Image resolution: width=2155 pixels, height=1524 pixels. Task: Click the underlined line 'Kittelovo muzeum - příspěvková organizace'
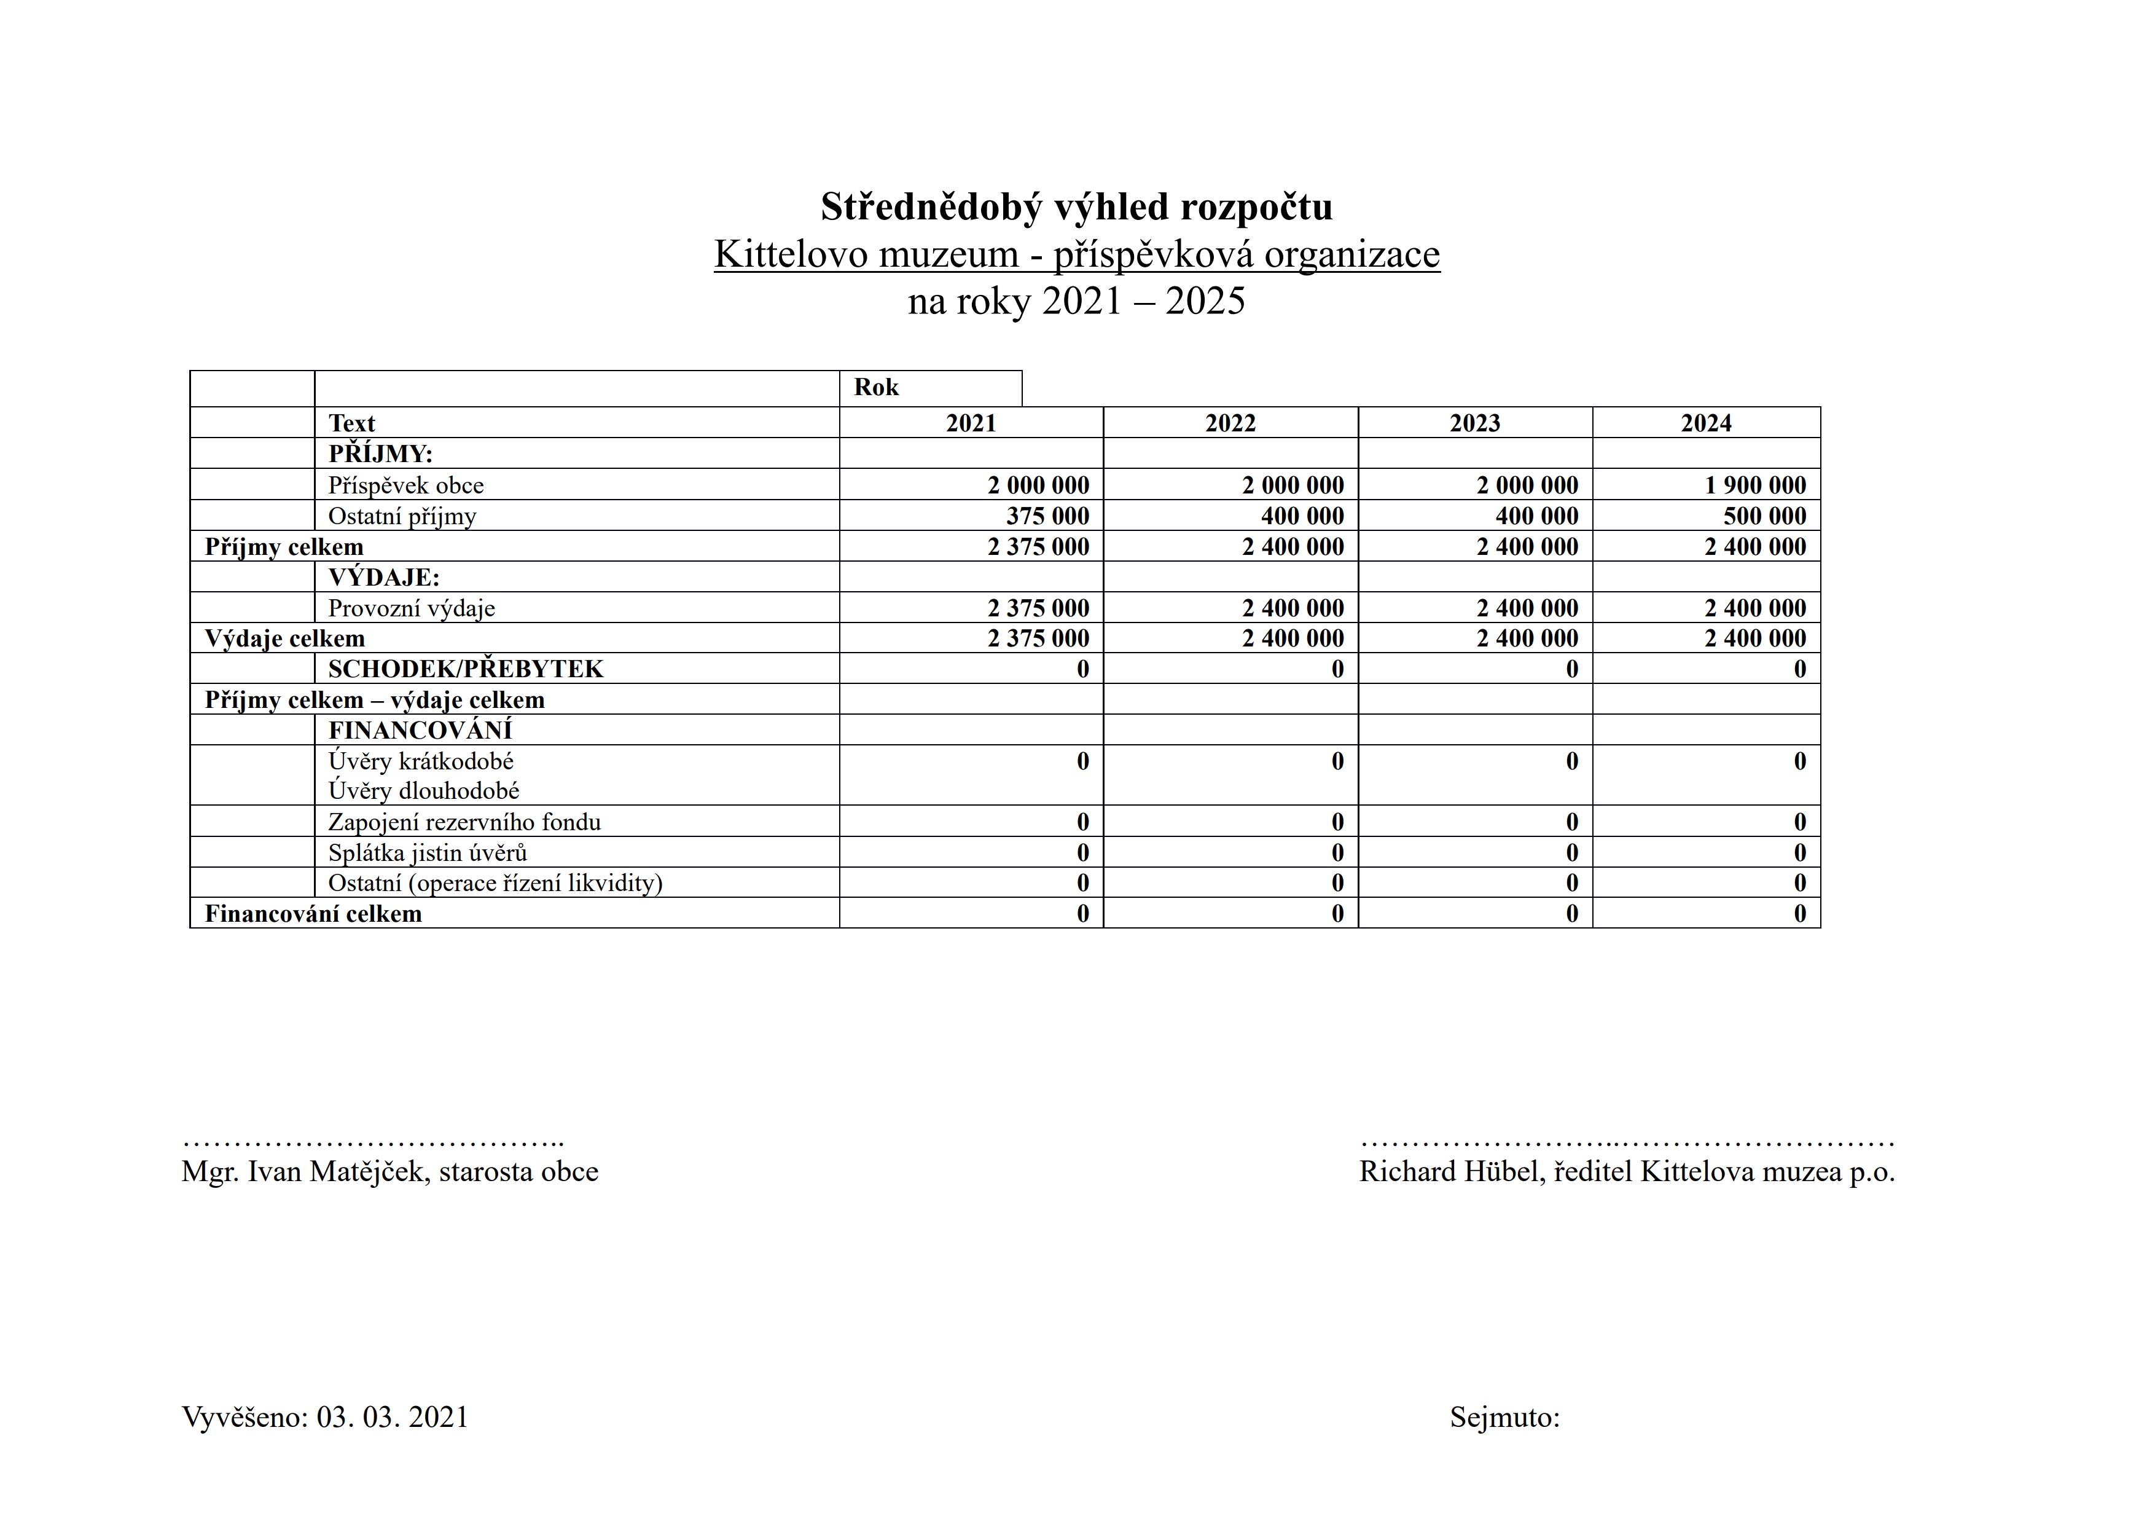coord(1076,254)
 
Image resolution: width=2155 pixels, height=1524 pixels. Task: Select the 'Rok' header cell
coord(876,388)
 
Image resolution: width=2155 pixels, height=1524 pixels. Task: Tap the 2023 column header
coord(1474,423)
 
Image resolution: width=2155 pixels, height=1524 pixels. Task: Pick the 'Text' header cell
coord(352,423)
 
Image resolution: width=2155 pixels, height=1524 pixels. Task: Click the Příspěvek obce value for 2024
coord(1754,485)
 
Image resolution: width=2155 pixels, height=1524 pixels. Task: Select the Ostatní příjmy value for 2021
coord(1047,516)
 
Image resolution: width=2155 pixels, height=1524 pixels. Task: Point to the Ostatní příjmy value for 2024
coord(1764,516)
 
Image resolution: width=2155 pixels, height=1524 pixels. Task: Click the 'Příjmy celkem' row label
coord(283,546)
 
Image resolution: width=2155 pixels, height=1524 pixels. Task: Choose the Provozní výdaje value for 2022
coord(1293,608)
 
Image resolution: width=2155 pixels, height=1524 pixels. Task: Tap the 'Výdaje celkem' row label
coord(284,638)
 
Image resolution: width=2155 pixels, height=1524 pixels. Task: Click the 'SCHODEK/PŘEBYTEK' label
coord(466,669)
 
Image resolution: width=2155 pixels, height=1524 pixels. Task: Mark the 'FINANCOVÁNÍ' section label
coord(420,729)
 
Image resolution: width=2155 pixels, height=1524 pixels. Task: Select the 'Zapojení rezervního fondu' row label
coord(464,822)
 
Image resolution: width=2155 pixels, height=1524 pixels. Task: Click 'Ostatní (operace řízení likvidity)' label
coord(495,882)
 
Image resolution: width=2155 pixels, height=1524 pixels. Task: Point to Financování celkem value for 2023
coord(1571,914)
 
